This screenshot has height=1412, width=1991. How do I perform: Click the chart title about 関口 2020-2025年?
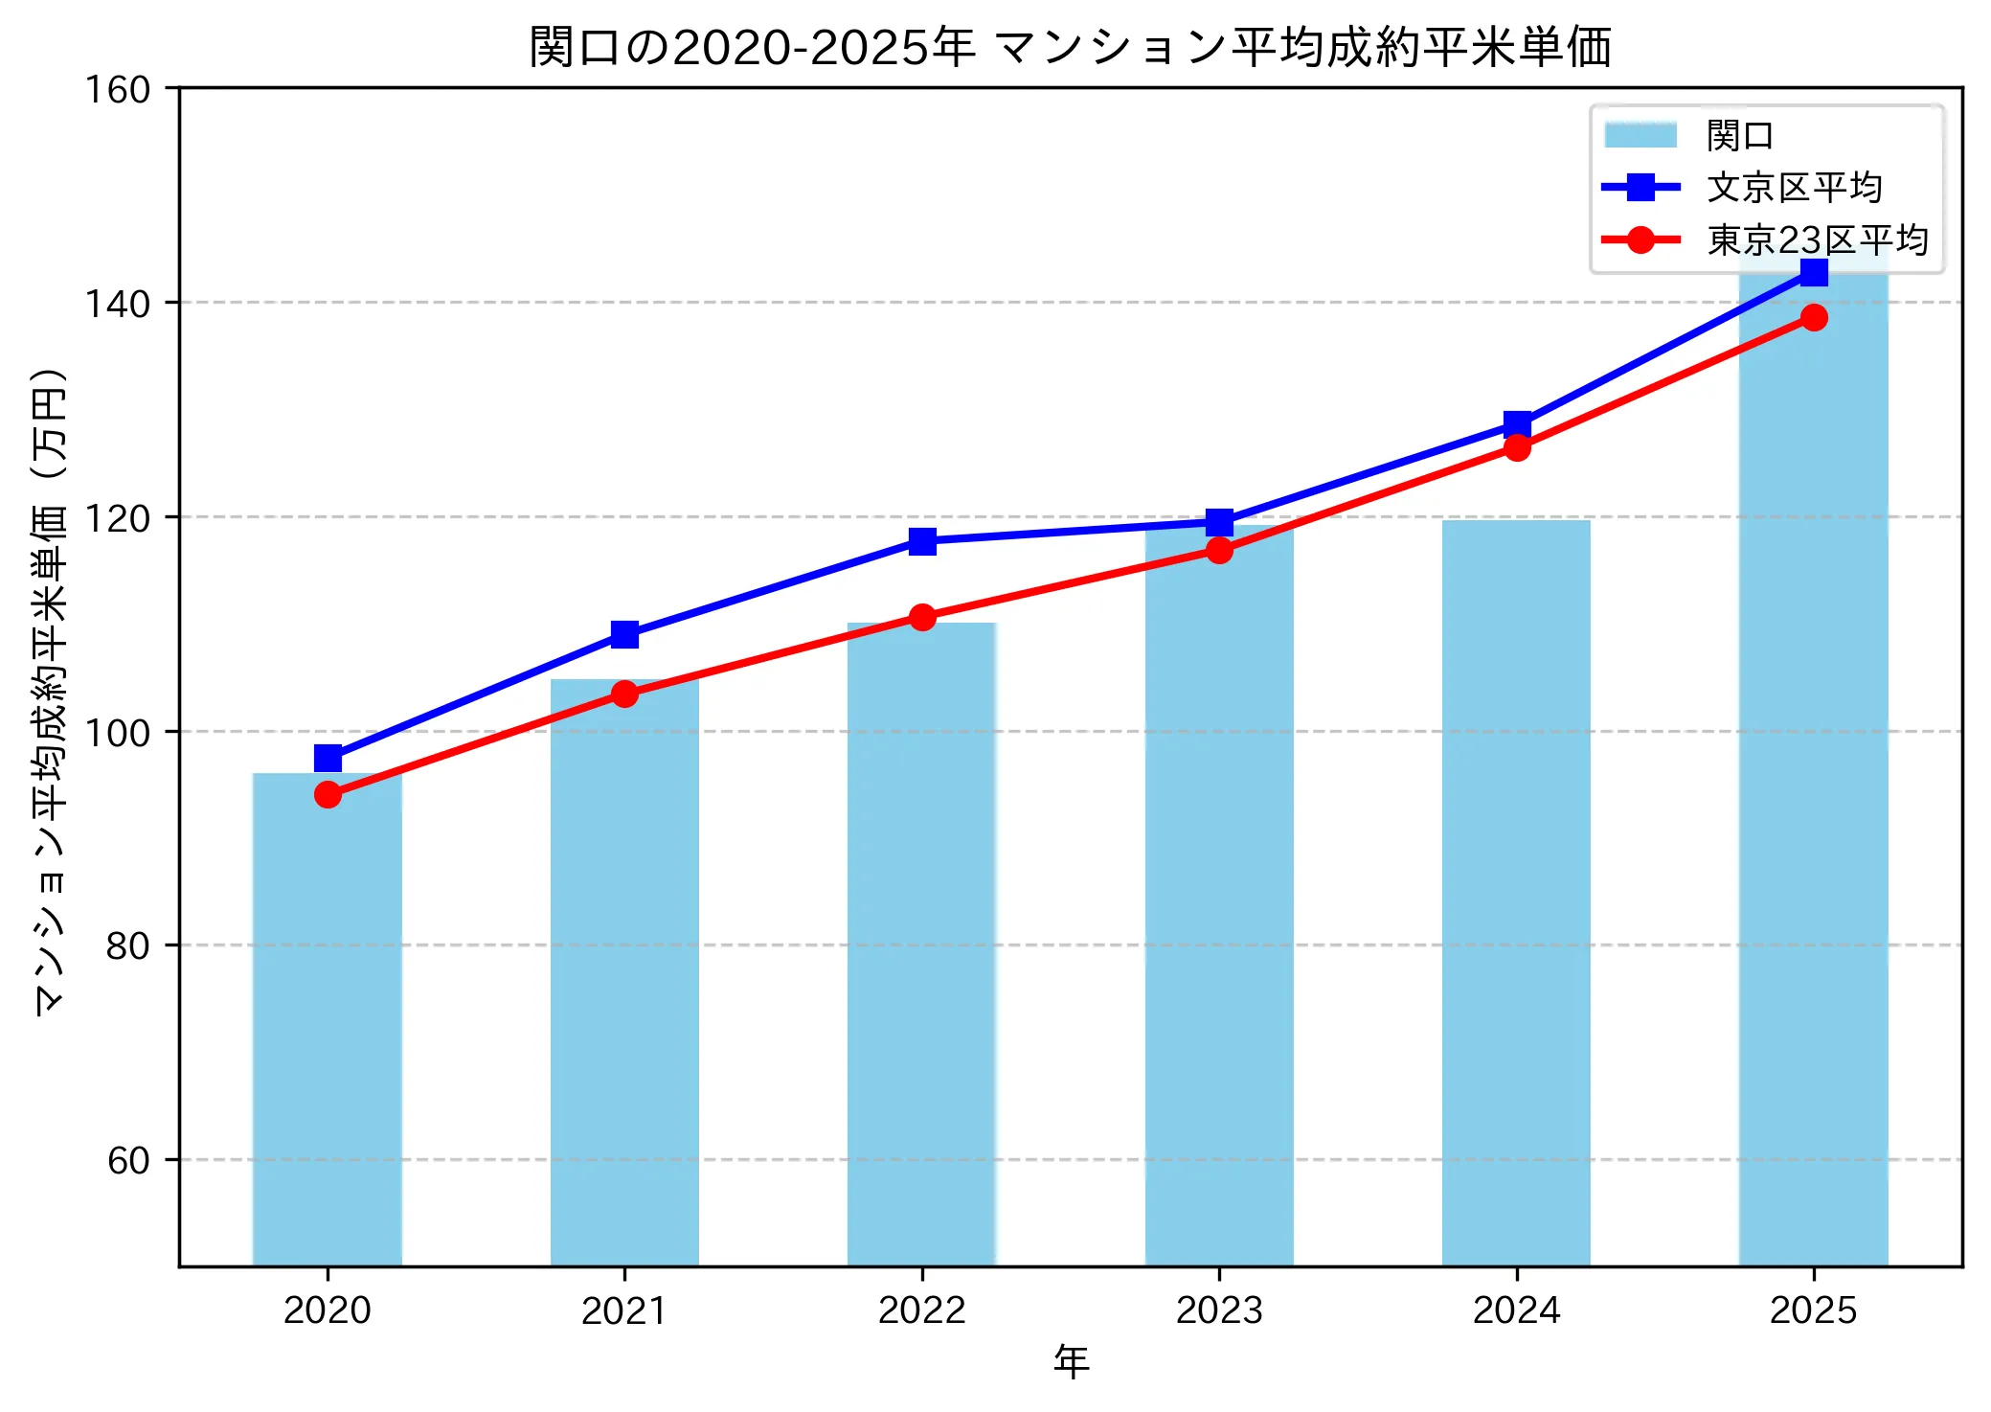click(x=1070, y=48)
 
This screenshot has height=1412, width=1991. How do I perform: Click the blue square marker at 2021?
click(x=624, y=634)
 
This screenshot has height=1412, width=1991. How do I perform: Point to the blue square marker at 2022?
click(x=922, y=541)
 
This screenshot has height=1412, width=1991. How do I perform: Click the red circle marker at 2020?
click(x=328, y=794)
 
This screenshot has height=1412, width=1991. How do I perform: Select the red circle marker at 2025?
click(x=1814, y=317)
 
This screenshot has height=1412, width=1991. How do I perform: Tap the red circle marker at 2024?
click(x=1517, y=447)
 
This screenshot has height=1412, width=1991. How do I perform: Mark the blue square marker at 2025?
click(x=1814, y=273)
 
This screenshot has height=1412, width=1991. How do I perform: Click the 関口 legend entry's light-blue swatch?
click(x=1640, y=135)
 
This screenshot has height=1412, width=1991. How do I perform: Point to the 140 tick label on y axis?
click(x=118, y=304)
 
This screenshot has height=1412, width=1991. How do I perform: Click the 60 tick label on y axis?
click(x=128, y=1160)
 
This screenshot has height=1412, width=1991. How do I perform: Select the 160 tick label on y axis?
click(x=118, y=90)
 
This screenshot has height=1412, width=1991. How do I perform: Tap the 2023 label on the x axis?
click(x=1219, y=1310)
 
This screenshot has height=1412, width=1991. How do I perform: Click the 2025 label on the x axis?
click(x=1813, y=1310)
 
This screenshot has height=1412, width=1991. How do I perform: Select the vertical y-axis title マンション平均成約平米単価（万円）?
click(x=50, y=690)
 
